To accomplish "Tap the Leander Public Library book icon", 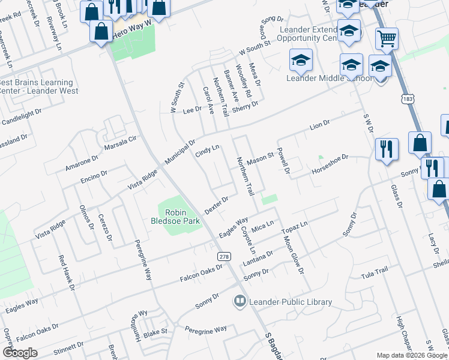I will [240, 300].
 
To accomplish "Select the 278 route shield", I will [224, 256].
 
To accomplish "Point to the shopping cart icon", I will [387, 39].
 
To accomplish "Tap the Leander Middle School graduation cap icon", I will [301, 61].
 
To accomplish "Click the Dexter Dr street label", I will [217, 205].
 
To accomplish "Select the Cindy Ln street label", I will [208, 151].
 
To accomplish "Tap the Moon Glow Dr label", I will [293, 254].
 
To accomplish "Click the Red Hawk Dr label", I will [67, 274].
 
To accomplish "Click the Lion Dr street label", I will [320, 125].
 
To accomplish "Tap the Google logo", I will [20, 352].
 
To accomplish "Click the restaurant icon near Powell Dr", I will [387, 149].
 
